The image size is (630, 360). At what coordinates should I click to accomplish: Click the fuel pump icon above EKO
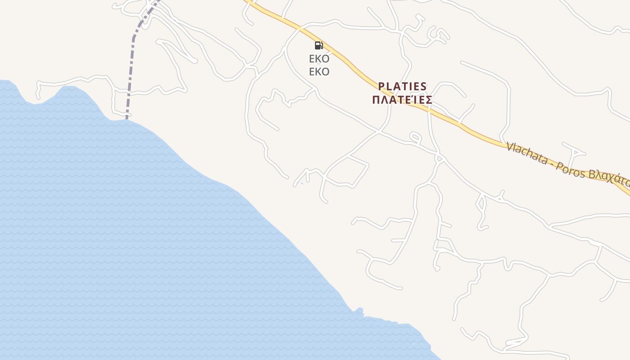click(319, 45)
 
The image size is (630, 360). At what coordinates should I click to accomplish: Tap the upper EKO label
click(319, 58)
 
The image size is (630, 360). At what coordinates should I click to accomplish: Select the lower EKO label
click(319, 72)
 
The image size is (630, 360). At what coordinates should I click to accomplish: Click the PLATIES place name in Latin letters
click(402, 86)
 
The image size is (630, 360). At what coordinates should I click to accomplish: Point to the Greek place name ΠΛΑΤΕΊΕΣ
click(402, 99)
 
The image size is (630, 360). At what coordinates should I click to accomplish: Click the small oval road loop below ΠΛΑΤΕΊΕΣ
click(415, 137)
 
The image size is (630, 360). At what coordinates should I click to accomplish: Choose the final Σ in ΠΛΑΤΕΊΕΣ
click(428, 99)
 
